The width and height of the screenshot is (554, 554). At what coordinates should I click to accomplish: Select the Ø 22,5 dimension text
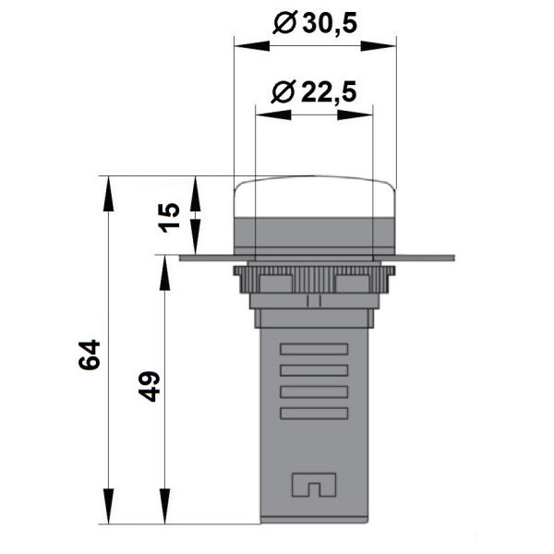[x=314, y=91]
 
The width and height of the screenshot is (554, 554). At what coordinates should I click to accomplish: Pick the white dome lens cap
[x=315, y=197]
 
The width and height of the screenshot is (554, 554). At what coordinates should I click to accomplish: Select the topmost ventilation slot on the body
[x=314, y=350]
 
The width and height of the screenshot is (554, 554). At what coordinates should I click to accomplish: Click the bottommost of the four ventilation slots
[x=314, y=414]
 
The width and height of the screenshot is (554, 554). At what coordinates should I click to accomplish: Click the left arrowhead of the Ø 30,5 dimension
[x=242, y=42]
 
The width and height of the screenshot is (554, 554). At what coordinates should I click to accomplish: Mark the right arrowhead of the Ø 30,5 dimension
[x=389, y=42]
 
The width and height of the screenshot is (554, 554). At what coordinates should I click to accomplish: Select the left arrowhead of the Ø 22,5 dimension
[x=263, y=115]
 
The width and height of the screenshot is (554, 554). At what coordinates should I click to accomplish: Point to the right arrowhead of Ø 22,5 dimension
[x=366, y=115]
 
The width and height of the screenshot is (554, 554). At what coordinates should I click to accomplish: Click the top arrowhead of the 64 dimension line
[x=110, y=184]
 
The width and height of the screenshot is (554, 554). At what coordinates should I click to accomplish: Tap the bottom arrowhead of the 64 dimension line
[x=110, y=516]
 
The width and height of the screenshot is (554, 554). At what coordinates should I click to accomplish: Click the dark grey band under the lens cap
[x=315, y=234]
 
